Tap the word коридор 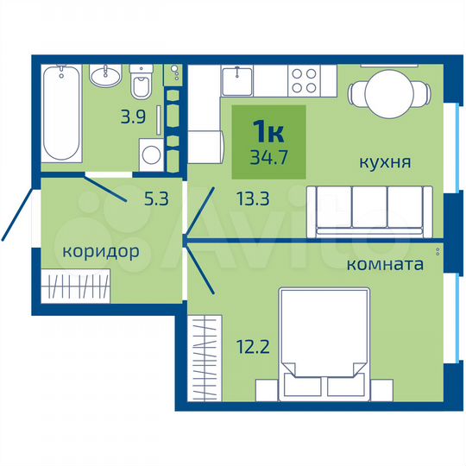pyautogui.click(x=100, y=252)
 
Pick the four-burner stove pyautogui.click(x=304, y=81)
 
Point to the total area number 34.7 pyautogui.click(x=268, y=157)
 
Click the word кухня pyautogui.click(x=385, y=161)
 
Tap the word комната pyautogui.click(x=384, y=264)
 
